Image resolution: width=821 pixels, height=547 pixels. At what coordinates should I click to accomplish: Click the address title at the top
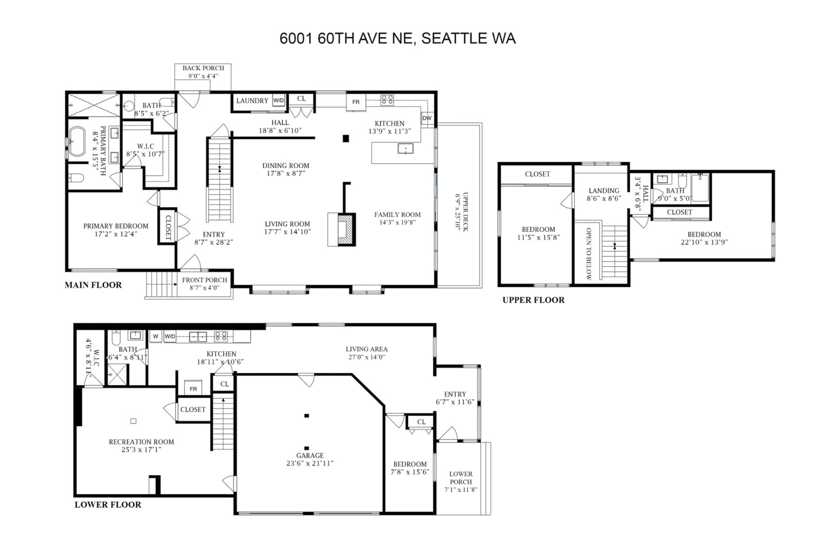pyautogui.click(x=398, y=38)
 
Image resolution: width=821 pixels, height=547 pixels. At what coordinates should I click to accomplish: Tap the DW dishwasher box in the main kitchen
pyautogui.click(x=427, y=119)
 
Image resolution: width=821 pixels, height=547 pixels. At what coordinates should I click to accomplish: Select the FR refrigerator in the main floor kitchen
pyautogui.click(x=356, y=102)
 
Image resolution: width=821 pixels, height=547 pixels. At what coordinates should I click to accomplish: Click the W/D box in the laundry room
pyautogui.click(x=279, y=101)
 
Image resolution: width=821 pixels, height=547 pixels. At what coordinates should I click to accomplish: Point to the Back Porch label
pyautogui.click(x=203, y=68)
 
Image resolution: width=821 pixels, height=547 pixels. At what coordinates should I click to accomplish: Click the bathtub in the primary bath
pyautogui.click(x=77, y=142)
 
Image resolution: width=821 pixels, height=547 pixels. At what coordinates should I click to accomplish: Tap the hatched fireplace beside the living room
pyautogui.click(x=345, y=229)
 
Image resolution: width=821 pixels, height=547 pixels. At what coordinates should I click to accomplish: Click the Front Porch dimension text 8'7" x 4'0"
pyautogui.click(x=205, y=288)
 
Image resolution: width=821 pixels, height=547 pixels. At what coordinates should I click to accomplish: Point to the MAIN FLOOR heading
pyautogui.click(x=93, y=285)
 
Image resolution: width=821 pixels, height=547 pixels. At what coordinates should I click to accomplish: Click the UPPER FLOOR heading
pyautogui.click(x=533, y=300)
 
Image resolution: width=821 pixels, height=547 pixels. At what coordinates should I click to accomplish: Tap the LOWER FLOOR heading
pyautogui.click(x=108, y=504)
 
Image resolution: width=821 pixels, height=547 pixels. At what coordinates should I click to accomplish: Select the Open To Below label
pyautogui.click(x=589, y=253)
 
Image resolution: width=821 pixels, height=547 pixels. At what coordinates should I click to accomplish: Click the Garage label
pyautogui.click(x=310, y=455)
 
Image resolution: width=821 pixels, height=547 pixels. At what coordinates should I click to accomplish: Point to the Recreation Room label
pyautogui.click(x=141, y=442)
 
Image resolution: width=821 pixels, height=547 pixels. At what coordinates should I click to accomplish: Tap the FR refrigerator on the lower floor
pyautogui.click(x=193, y=388)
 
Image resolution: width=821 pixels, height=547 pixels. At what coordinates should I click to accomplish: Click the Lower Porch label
pyautogui.click(x=461, y=478)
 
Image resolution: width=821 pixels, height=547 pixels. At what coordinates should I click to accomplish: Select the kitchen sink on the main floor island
pyautogui.click(x=405, y=148)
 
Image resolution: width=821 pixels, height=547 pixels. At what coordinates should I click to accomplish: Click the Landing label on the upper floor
pyautogui.click(x=603, y=191)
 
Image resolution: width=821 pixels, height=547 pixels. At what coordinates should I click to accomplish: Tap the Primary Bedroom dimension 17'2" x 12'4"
pyautogui.click(x=115, y=234)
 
